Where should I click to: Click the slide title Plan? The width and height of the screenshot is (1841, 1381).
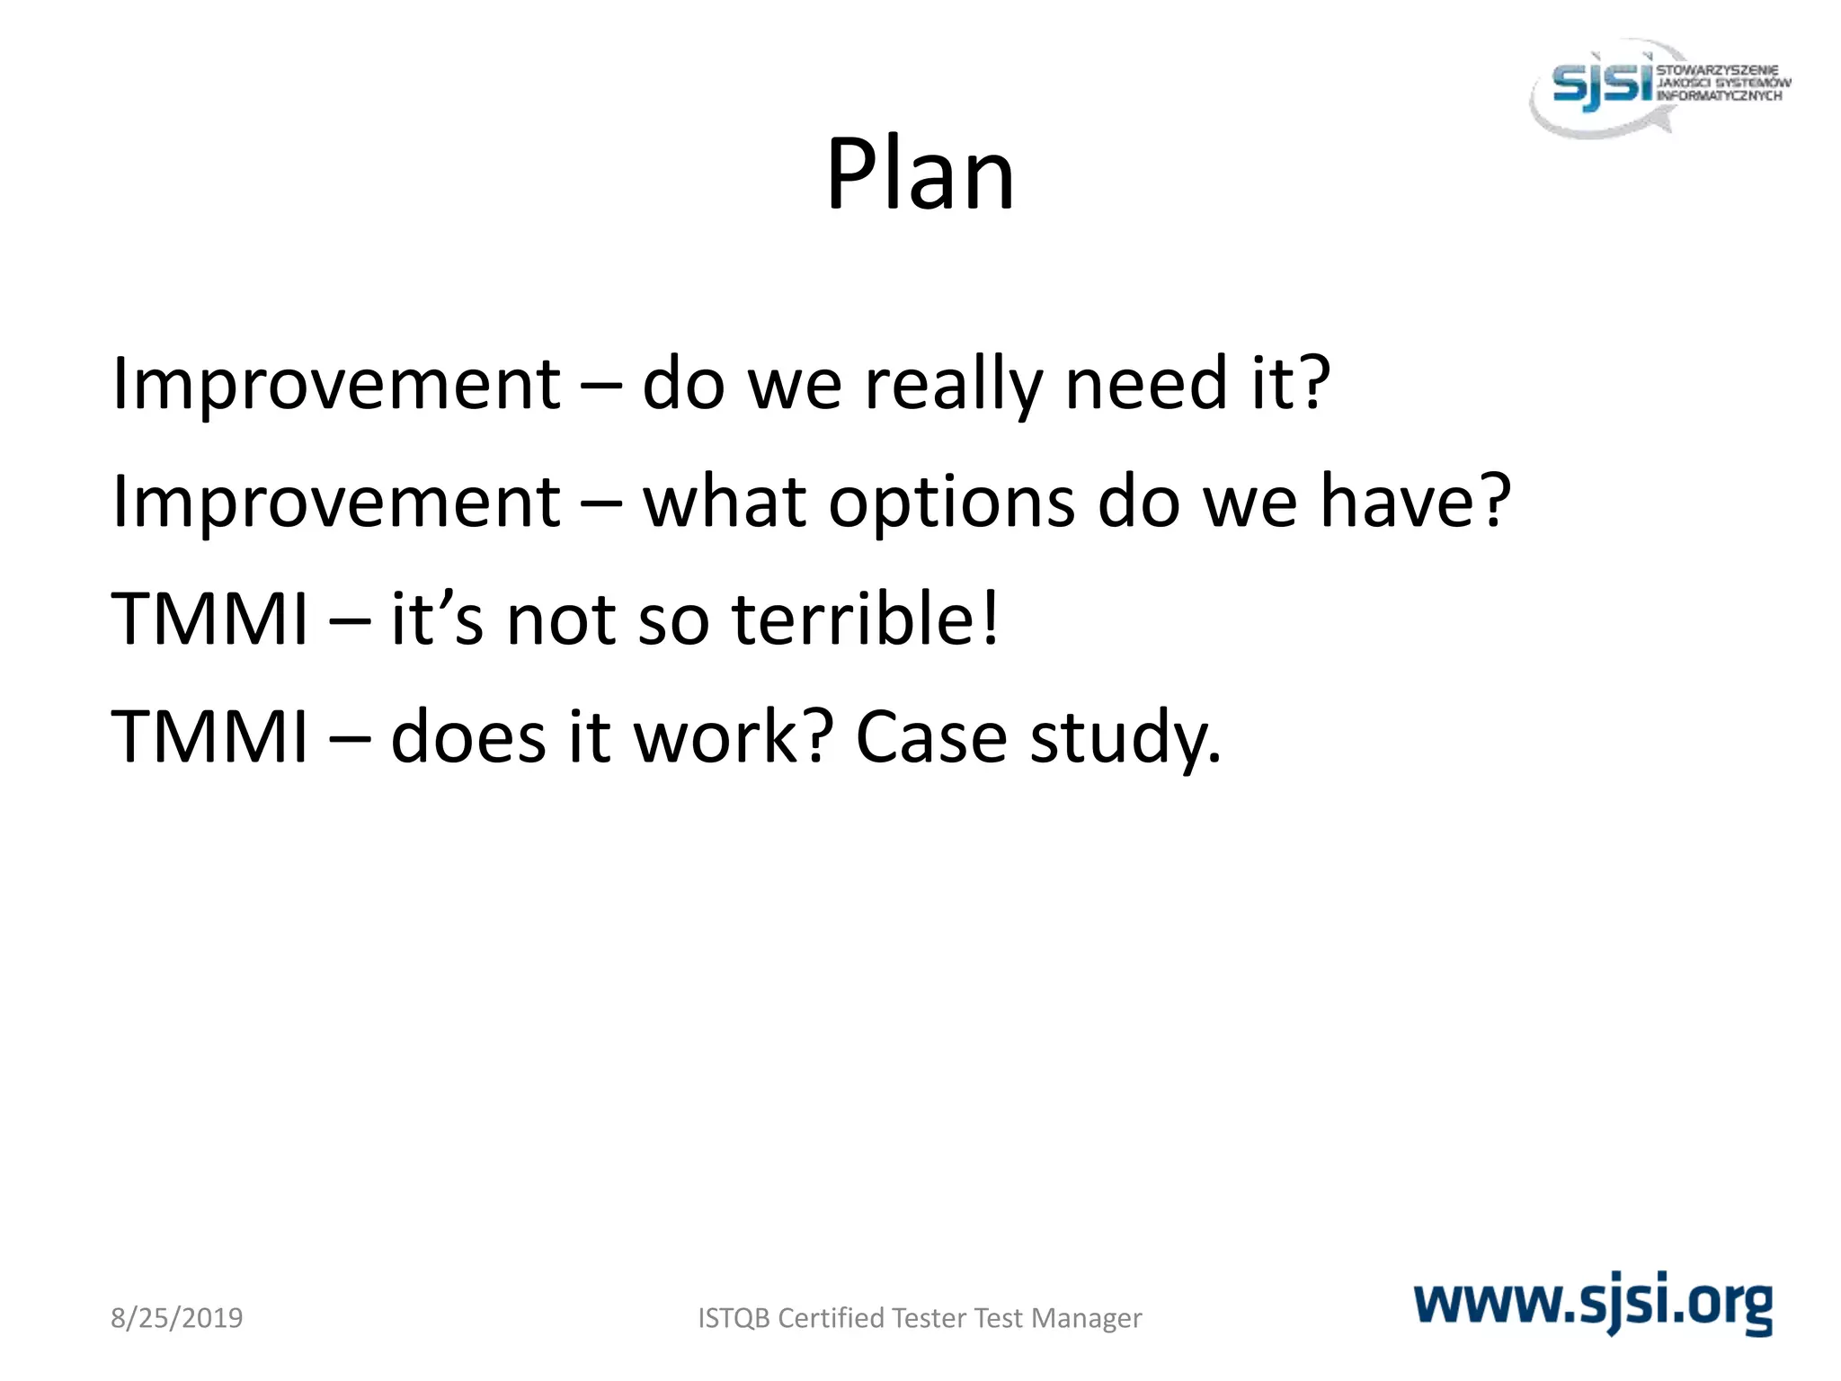[x=920, y=175]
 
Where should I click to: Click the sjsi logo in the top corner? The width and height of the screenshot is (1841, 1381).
[x=1659, y=87]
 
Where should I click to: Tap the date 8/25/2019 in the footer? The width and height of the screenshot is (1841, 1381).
[x=176, y=1318]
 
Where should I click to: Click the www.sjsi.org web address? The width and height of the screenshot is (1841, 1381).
[x=1593, y=1303]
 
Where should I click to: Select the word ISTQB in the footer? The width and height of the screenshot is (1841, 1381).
[x=734, y=1318]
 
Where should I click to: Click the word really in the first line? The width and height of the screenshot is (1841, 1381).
[x=952, y=385]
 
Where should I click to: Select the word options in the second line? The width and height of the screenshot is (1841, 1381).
[x=951, y=503]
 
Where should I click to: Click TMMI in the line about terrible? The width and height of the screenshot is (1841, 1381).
[x=209, y=620]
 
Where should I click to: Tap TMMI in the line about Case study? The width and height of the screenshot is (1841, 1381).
[x=209, y=738]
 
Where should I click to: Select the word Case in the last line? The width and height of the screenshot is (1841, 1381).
[x=931, y=738]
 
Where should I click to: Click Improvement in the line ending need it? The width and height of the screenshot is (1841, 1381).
[x=336, y=385]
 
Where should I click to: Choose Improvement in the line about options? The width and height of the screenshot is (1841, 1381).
[x=336, y=503]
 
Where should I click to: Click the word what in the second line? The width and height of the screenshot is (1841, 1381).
[x=725, y=503]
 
